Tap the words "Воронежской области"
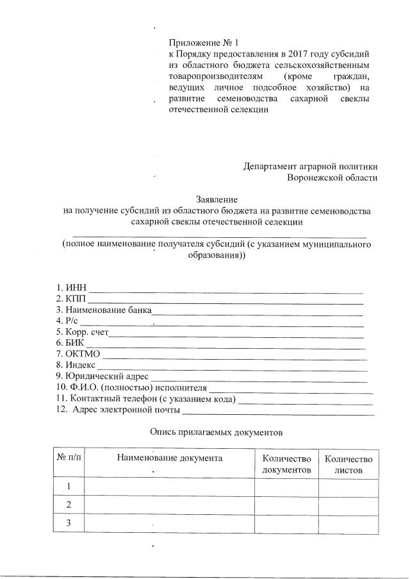tap(332, 178)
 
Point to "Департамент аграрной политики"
tap(311, 166)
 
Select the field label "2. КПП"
tap(71, 299)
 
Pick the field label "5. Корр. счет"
tap(83, 332)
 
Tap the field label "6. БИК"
tap(70, 343)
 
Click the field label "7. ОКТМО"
tap(78, 354)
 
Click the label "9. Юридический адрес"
tap(102, 376)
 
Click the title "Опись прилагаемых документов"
tap(217, 432)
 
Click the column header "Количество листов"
tap(348, 464)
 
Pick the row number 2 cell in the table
tap(69, 505)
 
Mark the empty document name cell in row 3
tap(169, 524)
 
